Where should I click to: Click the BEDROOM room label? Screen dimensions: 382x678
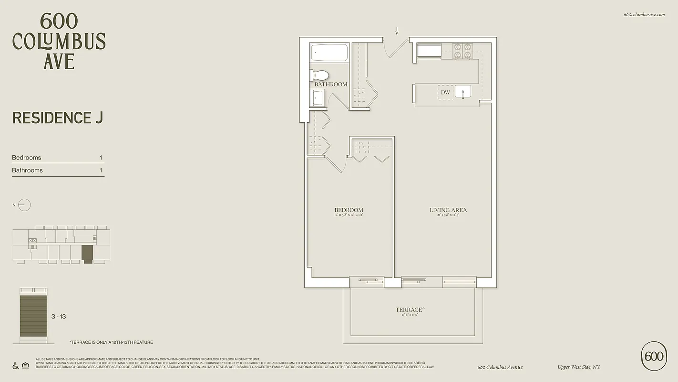click(x=349, y=210)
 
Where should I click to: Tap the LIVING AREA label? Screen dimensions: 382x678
click(x=448, y=210)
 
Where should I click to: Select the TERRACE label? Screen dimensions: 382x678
click(x=409, y=310)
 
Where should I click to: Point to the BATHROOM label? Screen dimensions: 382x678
click(x=330, y=85)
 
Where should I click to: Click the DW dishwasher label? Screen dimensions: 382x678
click(x=445, y=92)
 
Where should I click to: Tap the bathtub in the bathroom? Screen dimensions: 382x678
click(x=329, y=53)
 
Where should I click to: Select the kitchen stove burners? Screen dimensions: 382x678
click(x=462, y=51)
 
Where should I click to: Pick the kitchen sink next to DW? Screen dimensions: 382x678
click(x=462, y=91)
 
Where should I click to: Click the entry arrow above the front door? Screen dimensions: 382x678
click(x=397, y=31)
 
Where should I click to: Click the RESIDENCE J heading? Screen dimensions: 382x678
click(x=58, y=117)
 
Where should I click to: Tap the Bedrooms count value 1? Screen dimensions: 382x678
click(x=101, y=158)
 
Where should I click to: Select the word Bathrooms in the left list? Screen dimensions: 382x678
click(x=27, y=170)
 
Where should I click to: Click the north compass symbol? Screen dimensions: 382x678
click(x=24, y=205)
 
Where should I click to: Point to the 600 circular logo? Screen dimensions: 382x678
click(x=654, y=356)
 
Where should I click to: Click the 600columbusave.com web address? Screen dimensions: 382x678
click(x=644, y=15)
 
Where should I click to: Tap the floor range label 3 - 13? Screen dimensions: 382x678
click(x=59, y=317)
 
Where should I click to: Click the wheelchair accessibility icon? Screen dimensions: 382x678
click(x=16, y=366)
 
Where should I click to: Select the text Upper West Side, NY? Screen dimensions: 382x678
click(x=579, y=367)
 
